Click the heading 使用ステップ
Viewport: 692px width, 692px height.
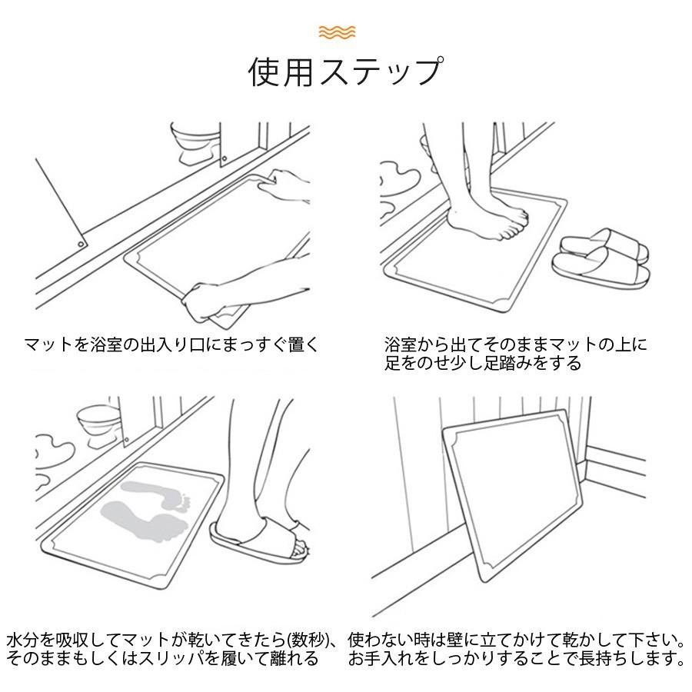click(345, 72)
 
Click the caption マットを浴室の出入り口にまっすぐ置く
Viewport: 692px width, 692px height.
click(171, 344)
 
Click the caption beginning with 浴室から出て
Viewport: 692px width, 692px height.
click(516, 344)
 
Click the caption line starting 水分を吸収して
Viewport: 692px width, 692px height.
click(173, 640)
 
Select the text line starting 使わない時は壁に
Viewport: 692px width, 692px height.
click(516, 640)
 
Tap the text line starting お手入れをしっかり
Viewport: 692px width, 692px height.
click(516, 659)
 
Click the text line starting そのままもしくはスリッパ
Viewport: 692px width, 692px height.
click(162, 659)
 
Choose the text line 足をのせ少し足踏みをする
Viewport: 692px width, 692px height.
click(483, 363)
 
